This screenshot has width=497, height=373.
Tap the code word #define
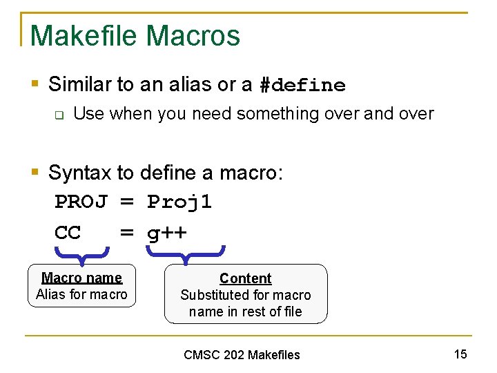pos(302,86)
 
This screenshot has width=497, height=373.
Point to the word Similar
pos(79,85)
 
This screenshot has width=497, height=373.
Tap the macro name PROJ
pos(81,202)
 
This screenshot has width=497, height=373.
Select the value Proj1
pos(179,202)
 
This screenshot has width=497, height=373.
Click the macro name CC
pos(68,233)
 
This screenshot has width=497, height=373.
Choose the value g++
pos(166,233)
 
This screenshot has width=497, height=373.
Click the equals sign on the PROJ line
pos(127,202)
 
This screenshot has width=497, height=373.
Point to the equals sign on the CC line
pos(127,233)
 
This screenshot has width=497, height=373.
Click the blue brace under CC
pos(82,256)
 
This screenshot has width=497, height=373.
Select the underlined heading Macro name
pos(81,278)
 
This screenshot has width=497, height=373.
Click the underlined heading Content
pos(245,278)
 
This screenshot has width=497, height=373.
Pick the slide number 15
pos(460,354)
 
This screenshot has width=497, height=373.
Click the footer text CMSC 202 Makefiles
pos(242,355)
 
